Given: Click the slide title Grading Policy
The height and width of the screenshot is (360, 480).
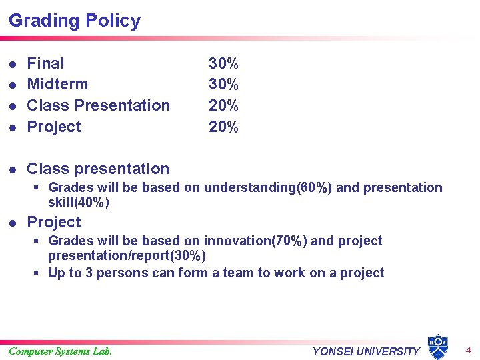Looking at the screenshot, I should (x=75, y=21).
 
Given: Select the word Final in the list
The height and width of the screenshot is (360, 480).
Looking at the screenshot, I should (x=45, y=63).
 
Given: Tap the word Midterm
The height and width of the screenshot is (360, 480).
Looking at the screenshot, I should (x=57, y=84).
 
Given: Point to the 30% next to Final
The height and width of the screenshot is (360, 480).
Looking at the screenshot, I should (x=223, y=63).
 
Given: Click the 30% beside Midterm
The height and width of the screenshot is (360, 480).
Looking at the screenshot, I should (x=223, y=84).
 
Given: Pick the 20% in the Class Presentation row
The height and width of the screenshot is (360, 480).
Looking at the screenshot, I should (x=223, y=105).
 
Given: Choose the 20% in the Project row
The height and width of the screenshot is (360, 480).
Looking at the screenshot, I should (x=223, y=127).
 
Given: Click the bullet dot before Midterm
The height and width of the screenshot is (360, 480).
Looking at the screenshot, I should (x=13, y=85).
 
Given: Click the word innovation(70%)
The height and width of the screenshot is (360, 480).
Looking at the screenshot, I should (x=256, y=241).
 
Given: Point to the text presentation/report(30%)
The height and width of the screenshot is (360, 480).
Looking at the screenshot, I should (x=127, y=255).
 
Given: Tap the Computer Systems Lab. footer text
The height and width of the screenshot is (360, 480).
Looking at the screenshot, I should (x=61, y=351).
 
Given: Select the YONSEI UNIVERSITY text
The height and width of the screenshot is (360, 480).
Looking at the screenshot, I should (x=366, y=351).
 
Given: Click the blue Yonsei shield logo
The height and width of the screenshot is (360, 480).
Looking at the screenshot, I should (x=437, y=347).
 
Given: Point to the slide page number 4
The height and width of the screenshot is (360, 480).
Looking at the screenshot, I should (x=468, y=350).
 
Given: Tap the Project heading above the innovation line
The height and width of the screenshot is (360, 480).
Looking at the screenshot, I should (x=54, y=222).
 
